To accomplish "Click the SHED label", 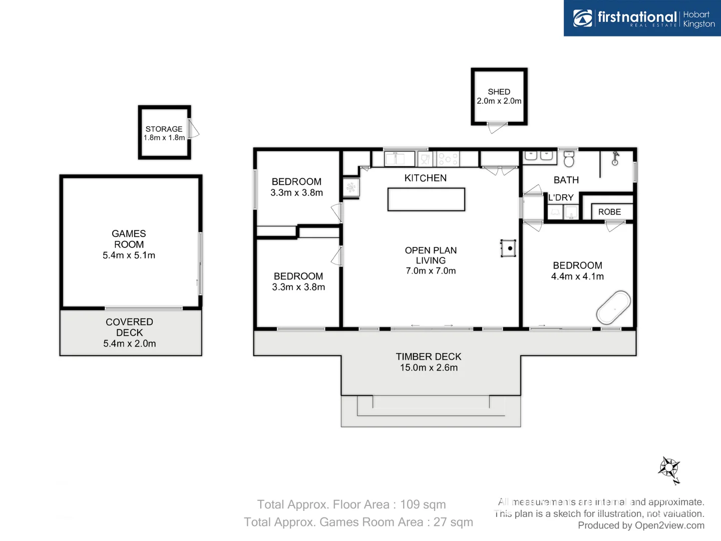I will (499, 92).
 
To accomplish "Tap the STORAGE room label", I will (164, 129).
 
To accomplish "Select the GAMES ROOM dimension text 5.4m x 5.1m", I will (129, 255).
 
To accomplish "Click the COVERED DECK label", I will (129, 327).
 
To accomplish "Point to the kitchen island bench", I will (426, 199).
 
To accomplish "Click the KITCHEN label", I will (425, 178).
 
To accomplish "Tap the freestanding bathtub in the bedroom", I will (613, 307).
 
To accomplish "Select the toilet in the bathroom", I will (568, 159).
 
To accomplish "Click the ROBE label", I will (609, 212).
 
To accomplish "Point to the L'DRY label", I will (561, 197).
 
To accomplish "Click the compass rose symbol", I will (669, 469).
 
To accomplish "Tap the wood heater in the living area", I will (509, 248).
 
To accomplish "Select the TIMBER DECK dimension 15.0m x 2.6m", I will (429, 368).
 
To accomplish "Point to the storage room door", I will (193, 130).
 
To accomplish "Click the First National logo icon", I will (582, 18).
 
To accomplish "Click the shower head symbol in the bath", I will (615, 159).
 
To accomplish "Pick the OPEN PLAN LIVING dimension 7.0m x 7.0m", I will (431, 271).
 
